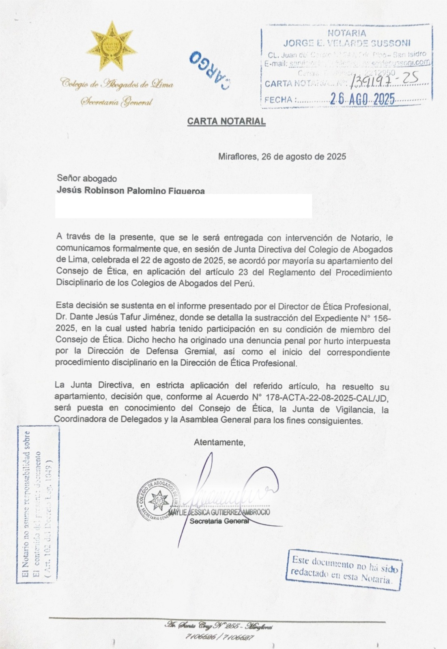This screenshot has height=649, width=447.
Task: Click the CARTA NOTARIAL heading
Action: click(226, 121)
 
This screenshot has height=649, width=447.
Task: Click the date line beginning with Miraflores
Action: click(282, 157)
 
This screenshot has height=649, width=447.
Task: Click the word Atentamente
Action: click(219, 442)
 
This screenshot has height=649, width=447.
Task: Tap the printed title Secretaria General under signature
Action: click(219, 521)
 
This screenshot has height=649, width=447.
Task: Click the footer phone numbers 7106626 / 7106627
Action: click(219, 636)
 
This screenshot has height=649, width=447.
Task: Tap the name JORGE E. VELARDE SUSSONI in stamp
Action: click(347, 43)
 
